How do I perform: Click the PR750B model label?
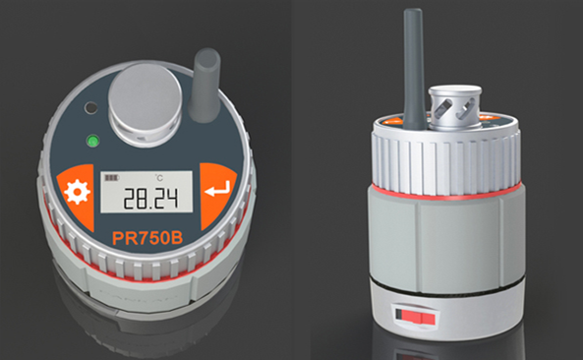tap(147, 238)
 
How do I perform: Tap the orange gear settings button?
tap(77, 196)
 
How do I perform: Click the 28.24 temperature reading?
tap(150, 199)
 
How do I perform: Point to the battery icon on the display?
tap(111, 178)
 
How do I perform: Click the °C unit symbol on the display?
tap(159, 178)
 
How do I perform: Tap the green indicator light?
tap(92, 142)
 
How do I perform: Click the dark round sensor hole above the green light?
tap(90, 108)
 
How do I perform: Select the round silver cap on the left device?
tap(145, 104)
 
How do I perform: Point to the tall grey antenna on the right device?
tap(415, 69)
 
